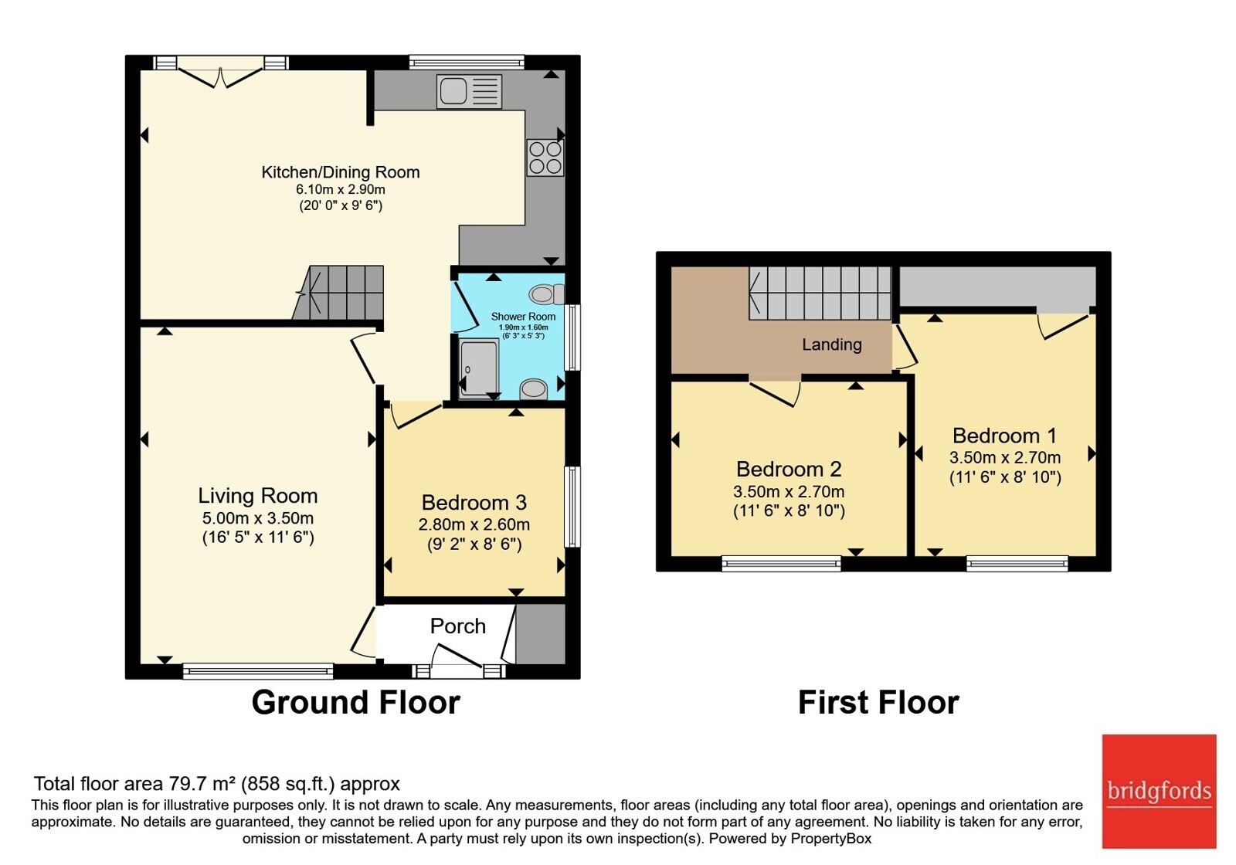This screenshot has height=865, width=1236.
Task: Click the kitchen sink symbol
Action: coord(469,92)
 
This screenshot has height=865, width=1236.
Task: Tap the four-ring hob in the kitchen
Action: coord(545,158)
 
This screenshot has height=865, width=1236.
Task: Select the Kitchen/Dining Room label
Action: coord(341,172)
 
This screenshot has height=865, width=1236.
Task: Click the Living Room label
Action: coord(258,496)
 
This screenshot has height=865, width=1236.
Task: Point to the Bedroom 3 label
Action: coord(474,503)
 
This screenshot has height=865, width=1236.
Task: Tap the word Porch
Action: coord(458,626)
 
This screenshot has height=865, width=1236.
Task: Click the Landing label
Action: coord(831,344)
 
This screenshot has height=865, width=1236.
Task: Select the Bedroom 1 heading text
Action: coord(1005,436)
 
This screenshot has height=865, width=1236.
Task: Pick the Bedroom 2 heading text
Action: coord(789,469)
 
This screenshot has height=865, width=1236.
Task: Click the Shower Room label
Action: coord(523,317)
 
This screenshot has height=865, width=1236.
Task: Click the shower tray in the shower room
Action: coord(479,368)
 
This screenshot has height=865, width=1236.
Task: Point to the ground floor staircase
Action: coord(338,293)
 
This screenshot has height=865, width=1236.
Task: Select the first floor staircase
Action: coord(820,293)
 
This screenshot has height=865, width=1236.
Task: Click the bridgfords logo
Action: coord(1160,791)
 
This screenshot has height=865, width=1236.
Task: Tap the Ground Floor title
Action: coord(356,702)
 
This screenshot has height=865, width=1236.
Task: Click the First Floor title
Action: coord(878,702)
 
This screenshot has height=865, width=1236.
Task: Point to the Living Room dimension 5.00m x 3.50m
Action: coord(258,518)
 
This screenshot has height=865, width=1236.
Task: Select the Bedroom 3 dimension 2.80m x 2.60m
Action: coord(474,524)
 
